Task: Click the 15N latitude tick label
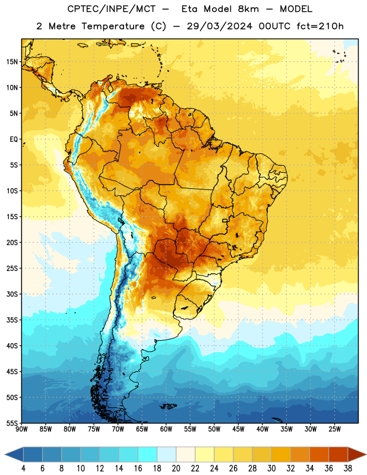[12, 62]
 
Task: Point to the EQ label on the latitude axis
[14, 140]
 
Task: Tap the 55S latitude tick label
[12, 423]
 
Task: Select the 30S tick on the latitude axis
[12, 294]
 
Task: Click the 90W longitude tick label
[21, 429]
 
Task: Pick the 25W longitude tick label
[334, 429]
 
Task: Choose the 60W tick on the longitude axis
[166, 429]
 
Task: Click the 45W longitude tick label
[238, 429]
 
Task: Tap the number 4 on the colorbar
[23, 468]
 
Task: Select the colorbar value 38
[348, 468]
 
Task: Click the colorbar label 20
[176, 468]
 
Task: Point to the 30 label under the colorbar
[271, 468]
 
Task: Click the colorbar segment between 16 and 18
[147, 454]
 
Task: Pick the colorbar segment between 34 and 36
[319, 454]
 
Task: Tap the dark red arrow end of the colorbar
[357, 454]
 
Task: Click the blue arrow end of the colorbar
[14, 454]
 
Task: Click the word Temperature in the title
[113, 26]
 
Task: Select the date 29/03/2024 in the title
[219, 26]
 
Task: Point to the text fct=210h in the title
[320, 26]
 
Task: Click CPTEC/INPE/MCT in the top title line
[112, 9]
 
